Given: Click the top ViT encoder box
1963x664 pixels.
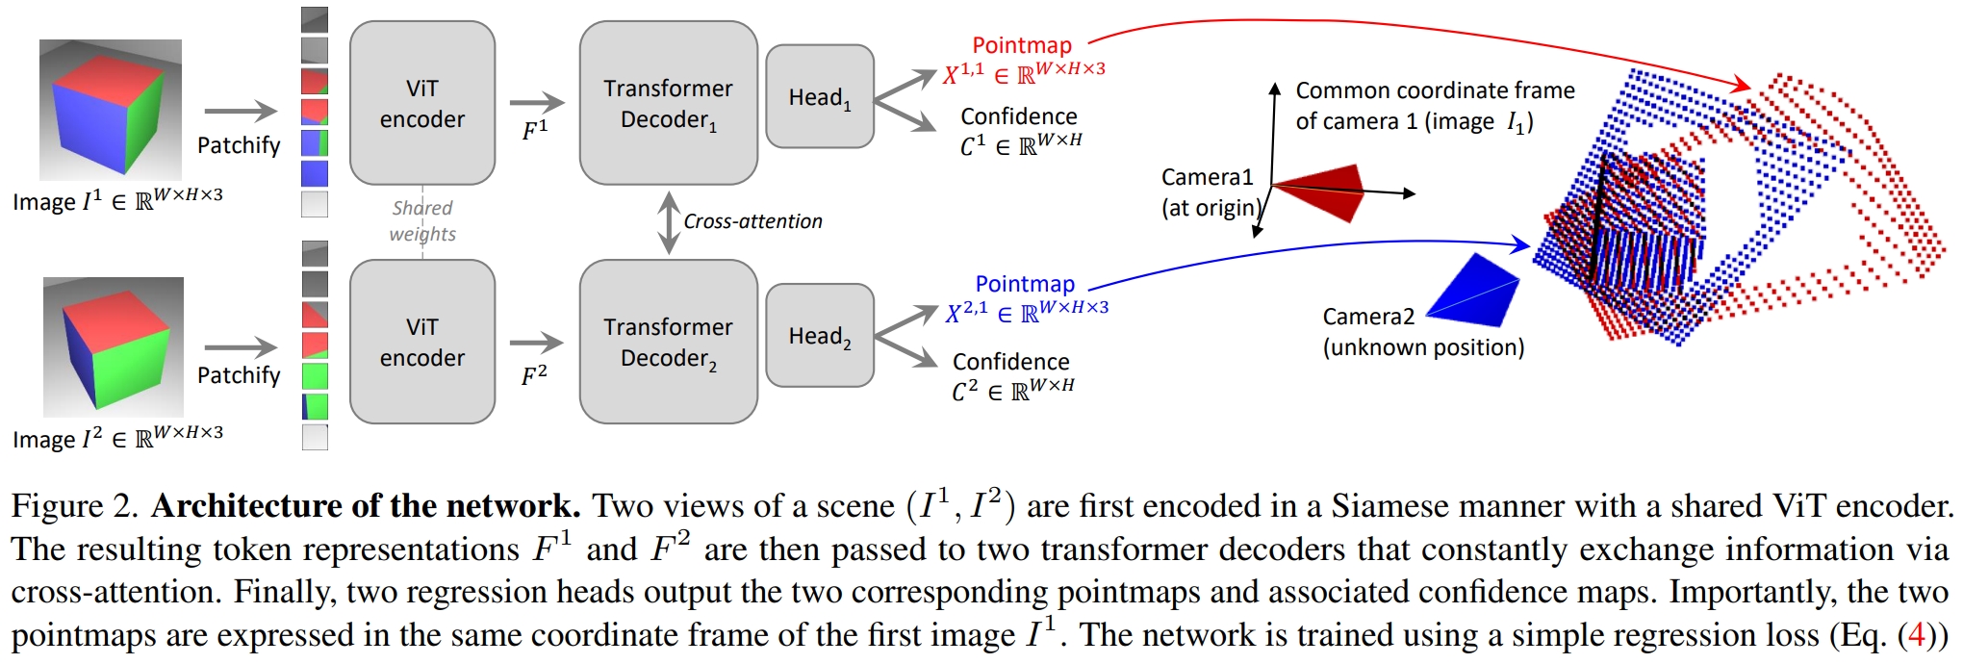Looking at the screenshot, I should coord(422,103).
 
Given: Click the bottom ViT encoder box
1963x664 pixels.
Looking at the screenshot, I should coord(422,342).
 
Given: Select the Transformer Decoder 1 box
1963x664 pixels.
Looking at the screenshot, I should coord(668,103).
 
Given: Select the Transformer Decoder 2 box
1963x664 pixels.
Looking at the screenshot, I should coord(668,342).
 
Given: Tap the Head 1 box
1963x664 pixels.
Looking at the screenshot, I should coord(819,97).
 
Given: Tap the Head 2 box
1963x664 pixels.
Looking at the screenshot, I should coord(819,336).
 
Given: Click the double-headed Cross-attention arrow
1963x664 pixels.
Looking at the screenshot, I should coord(669,222).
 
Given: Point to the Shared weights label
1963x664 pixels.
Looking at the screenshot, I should coord(422,220).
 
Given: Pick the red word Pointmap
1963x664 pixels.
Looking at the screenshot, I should coord(1021,45).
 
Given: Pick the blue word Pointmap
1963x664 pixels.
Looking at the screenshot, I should coord(1024,284).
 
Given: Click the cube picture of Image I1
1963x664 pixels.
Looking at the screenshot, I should coord(111,109).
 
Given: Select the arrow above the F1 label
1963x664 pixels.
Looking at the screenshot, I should coord(536,102).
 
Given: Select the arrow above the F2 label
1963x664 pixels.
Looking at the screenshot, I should coord(536,342).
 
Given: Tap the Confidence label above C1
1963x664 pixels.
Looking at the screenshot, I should coord(1018,116).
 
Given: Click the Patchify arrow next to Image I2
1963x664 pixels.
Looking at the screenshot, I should coord(240,347).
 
